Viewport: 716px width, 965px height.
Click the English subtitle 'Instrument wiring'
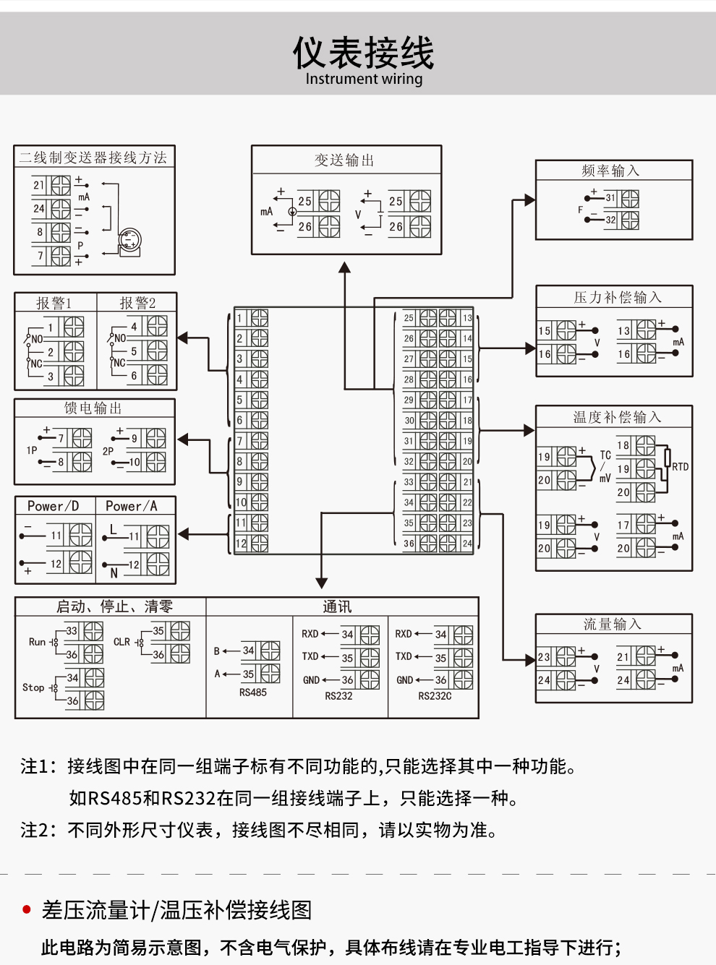tap(364, 80)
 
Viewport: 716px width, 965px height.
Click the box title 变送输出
tap(344, 160)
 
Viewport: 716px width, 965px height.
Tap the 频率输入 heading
tap(610, 171)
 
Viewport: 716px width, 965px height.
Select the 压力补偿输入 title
tap(618, 298)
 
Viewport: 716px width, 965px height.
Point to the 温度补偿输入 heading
tap(617, 417)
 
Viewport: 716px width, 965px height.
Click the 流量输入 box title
tap(613, 625)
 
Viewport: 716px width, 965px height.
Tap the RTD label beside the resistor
tap(681, 467)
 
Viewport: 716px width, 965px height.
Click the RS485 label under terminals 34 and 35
tap(253, 692)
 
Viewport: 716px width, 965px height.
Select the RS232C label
tap(435, 695)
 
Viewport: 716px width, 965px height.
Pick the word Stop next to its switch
tap(33, 687)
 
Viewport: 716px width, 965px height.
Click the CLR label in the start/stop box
tap(122, 642)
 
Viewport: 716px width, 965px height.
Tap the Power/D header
tap(53, 506)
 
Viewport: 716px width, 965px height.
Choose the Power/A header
tap(132, 506)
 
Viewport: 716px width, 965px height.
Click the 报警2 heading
tap(137, 303)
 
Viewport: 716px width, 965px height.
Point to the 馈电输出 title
tap(93, 408)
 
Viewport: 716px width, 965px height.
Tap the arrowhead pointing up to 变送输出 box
tap(345, 267)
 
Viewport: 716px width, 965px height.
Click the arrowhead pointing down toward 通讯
tap(322, 583)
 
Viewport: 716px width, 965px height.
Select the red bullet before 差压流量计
tap(27, 909)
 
